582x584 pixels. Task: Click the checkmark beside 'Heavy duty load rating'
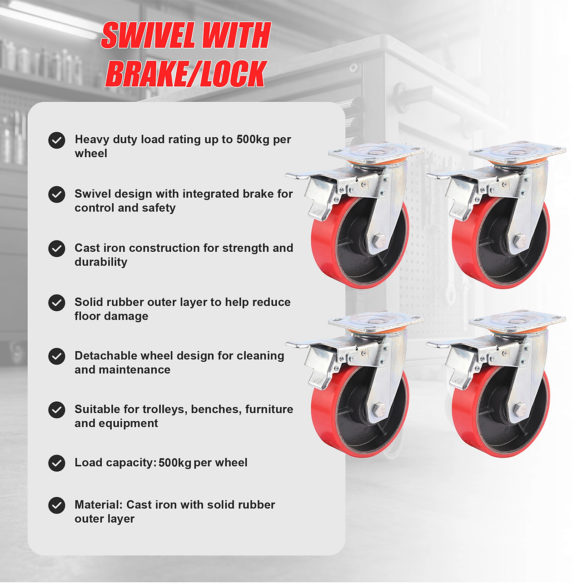[x=57, y=140]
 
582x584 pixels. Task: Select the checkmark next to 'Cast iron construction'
[x=57, y=249]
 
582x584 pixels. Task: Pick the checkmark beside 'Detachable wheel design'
[x=57, y=356]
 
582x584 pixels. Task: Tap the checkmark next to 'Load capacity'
[x=57, y=463]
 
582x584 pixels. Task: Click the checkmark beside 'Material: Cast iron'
[x=57, y=505]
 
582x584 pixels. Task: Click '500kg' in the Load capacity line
[x=175, y=463]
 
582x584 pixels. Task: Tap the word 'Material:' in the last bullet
[x=99, y=505]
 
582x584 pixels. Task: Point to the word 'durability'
[x=101, y=262]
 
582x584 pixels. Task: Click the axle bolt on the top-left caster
[x=379, y=240]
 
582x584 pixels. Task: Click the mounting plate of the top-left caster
[x=376, y=152]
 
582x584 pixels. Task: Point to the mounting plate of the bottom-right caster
[x=517, y=321]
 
